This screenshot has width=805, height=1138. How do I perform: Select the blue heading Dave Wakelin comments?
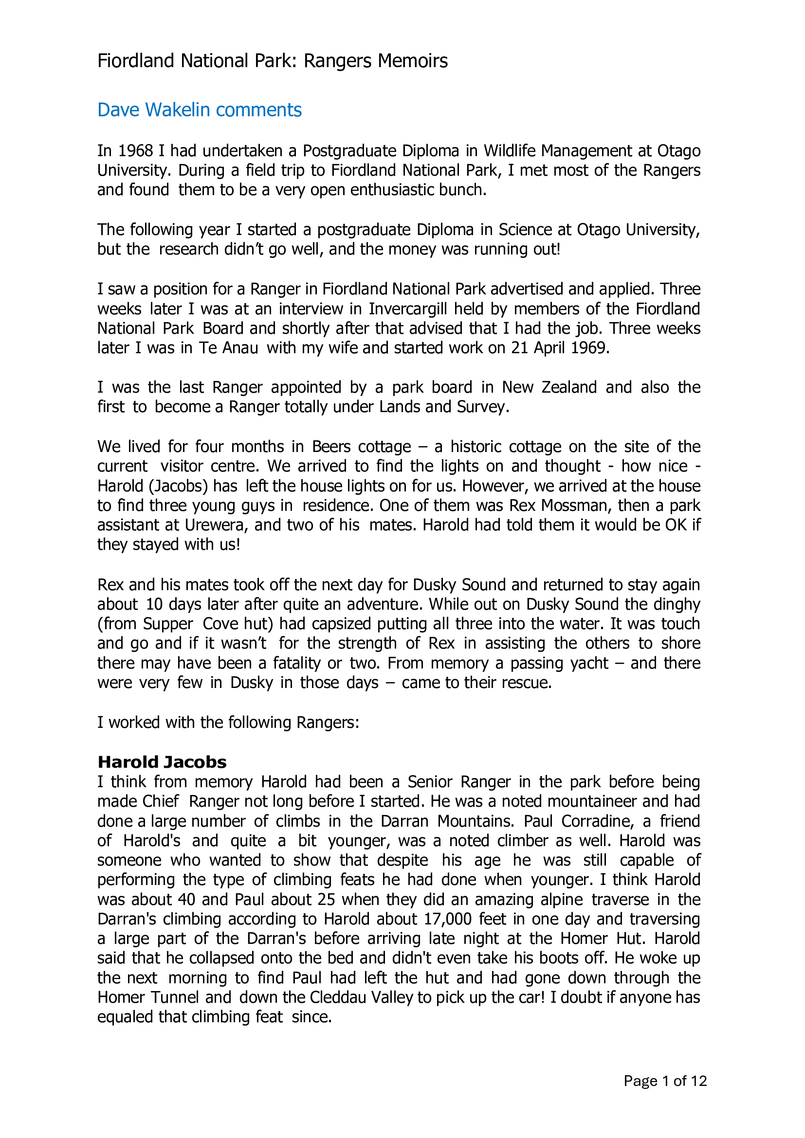pos(199,109)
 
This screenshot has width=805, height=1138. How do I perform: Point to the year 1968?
pos(135,151)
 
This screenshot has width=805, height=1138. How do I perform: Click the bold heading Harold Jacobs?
pos(162,762)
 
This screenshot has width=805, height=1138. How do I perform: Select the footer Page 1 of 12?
pos(665,1081)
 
